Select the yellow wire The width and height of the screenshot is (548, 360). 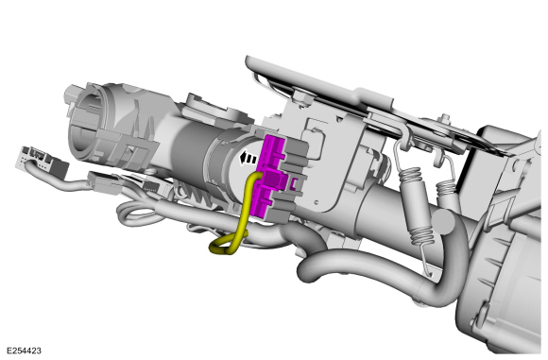click(248, 213)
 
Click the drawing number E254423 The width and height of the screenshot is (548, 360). click(28, 351)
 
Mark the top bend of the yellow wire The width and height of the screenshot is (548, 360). click(253, 177)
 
